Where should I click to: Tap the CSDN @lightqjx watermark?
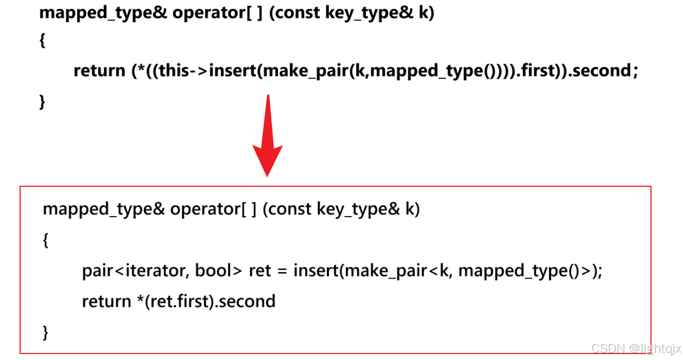pos(635,348)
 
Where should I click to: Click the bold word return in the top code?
pos(99,71)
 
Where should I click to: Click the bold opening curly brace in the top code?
pos(42,42)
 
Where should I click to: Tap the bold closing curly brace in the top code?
pos(42,102)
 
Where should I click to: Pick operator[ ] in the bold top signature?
pos(217,13)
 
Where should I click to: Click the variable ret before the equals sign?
pos(260,270)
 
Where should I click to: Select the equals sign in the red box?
pos(282,270)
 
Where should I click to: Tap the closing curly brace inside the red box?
pos(46,332)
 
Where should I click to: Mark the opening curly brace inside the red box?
pos(46,240)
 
